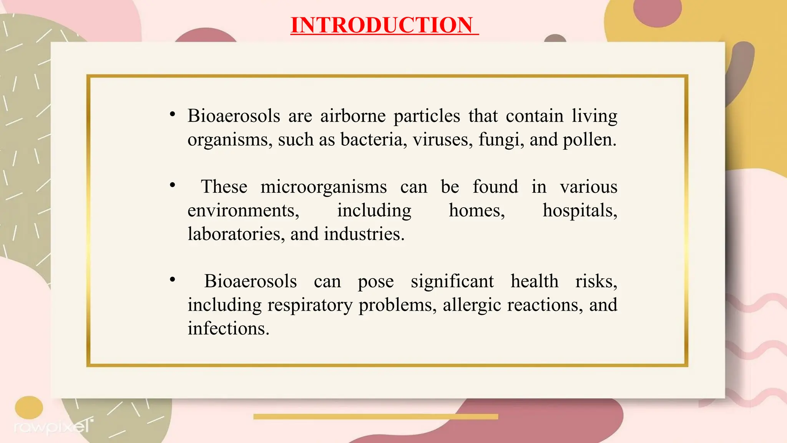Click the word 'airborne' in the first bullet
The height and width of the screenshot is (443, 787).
(x=353, y=116)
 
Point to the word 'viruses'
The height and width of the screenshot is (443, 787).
(x=442, y=139)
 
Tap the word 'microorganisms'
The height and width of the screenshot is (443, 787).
(x=324, y=187)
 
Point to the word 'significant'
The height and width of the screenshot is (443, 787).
(x=452, y=281)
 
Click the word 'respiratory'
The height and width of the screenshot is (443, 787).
(x=310, y=305)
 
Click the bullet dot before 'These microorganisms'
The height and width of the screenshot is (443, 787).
(x=173, y=185)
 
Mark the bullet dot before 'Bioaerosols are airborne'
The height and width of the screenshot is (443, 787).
(x=173, y=114)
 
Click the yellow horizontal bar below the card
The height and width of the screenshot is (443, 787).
(x=375, y=416)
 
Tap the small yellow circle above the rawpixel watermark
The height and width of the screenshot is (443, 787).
(x=29, y=408)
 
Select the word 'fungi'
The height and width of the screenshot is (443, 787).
(x=500, y=140)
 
